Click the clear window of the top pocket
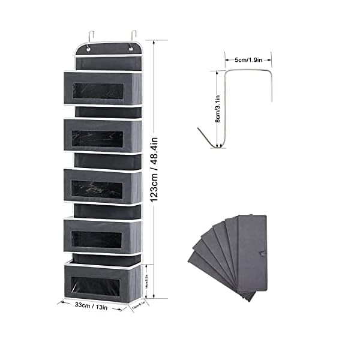(x=97, y=91)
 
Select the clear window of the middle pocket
(x=97, y=188)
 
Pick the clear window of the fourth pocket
(x=97, y=238)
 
